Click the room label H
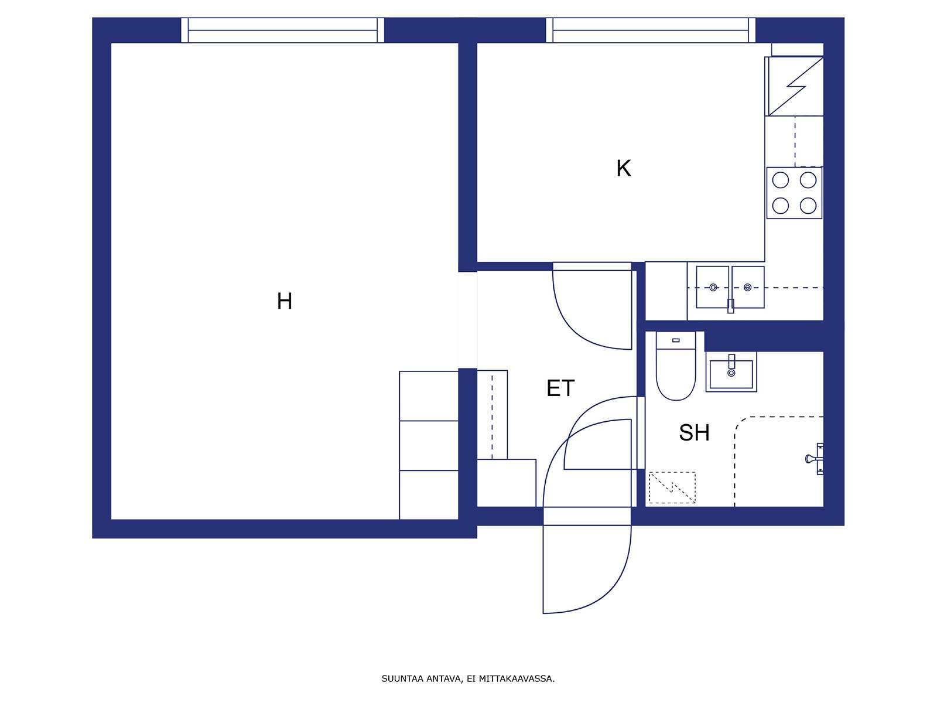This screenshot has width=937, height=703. [x=284, y=301]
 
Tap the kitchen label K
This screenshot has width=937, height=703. [x=623, y=168]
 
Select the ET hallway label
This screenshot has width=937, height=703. [x=560, y=388]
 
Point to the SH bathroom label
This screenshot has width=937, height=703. [x=694, y=432]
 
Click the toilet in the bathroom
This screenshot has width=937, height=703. [x=676, y=366]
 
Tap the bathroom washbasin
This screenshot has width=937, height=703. [x=731, y=372]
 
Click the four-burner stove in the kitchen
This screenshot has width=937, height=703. [x=794, y=193]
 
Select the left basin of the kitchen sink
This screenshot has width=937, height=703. [x=713, y=287]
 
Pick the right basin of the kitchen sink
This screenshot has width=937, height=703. [x=747, y=287]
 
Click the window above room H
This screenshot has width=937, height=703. [x=283, y=30]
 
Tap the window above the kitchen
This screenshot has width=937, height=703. [x=651, y=30]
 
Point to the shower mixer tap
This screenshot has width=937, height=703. [x=815, y=459]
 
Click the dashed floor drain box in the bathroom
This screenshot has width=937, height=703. [x=672, y=487]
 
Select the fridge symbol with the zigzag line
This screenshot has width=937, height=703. [x=794, y=86]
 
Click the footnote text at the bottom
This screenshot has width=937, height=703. [x=468, y=678]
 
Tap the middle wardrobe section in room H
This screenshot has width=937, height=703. [x=429, y=446]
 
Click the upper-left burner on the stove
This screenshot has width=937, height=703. [x=780, y=180]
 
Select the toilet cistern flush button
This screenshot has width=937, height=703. [x=676, y=340]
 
